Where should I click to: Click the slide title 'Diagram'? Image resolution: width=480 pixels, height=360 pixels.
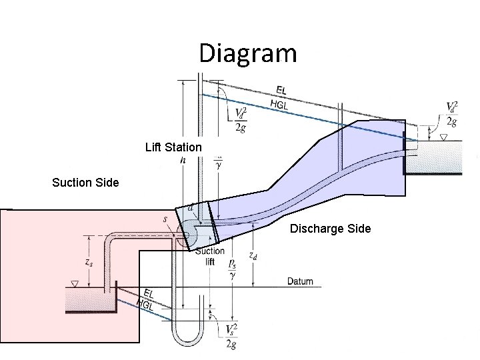tap(248, 53)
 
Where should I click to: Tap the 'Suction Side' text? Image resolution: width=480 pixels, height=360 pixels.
tap(86, 182)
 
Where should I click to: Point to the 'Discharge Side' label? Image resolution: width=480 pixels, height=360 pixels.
tap(330, 229)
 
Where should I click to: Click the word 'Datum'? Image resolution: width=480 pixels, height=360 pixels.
tap(300, 281)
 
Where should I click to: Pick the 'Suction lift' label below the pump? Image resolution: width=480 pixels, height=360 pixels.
tap(210, 257)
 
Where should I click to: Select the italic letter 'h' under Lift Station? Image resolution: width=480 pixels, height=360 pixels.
tap(183, 161)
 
